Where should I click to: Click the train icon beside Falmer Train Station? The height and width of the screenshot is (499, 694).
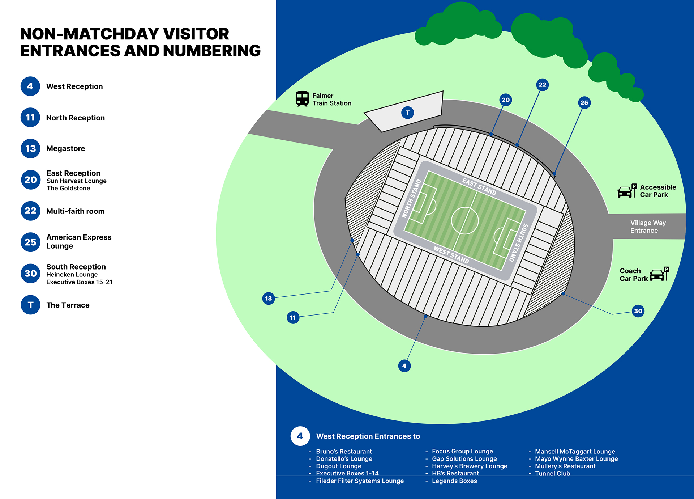302,99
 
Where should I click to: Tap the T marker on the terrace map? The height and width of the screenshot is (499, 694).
408,113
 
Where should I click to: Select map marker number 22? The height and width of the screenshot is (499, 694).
543,85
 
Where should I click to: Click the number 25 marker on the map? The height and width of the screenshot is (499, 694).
584,103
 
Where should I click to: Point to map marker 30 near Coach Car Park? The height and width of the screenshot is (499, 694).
638,311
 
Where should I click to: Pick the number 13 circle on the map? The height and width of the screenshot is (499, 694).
269,299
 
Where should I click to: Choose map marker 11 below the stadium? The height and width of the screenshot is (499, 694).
293,318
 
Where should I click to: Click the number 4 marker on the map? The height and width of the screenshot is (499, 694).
404,366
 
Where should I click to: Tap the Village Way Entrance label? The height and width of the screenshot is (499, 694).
648,227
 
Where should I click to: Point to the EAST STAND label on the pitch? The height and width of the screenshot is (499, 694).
479,187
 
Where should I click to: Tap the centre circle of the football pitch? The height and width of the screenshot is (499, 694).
465,220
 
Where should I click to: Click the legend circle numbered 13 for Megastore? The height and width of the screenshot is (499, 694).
30,148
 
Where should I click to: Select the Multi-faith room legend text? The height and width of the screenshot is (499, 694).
76,211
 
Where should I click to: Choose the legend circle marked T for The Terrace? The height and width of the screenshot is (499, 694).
30,305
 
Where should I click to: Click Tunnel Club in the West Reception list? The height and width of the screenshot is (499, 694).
553,474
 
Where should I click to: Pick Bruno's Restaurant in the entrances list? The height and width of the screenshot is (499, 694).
344,452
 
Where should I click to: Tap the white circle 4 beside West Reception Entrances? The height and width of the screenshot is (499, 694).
300,436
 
